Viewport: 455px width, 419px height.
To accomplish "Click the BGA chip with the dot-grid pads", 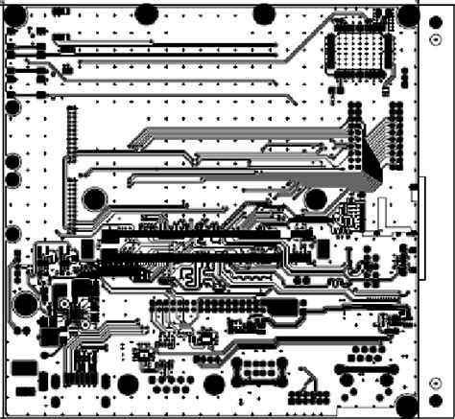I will coord(361,51).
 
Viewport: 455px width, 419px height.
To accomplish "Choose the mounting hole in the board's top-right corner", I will coord(408,14).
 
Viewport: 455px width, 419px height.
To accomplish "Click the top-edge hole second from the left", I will coord(147,13).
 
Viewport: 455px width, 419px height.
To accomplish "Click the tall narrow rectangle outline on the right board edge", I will coord(421,227).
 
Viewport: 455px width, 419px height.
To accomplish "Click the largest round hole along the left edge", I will coord(26,304).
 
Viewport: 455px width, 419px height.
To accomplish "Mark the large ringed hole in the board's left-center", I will coord(94,199).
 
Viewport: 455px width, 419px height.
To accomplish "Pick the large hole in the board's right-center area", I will coord(316,199).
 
